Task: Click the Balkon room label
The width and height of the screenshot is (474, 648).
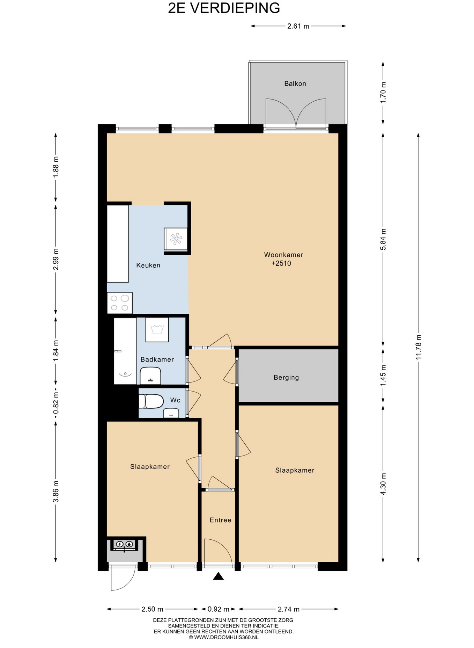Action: (295, 83)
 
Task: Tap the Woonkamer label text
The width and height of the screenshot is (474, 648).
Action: (283, 255)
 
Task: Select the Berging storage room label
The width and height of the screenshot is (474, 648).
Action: (286, 377)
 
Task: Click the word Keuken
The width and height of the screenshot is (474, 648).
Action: (148, 265)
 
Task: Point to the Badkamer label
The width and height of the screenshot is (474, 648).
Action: (157, 359)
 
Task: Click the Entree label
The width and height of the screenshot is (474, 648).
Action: (220, 520)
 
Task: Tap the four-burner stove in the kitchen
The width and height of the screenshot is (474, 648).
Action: (120, 303)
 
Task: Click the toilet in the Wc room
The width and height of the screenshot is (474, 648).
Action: (151, 401)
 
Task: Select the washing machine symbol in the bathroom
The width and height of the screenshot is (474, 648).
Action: (157, 329)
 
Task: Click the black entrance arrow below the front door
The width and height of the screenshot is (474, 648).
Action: (218, 576)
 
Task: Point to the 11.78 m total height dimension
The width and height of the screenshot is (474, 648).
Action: (419, 347)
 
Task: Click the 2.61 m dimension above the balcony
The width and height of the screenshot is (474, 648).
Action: (298, 26)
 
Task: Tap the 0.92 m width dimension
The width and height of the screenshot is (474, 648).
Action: (218, 609)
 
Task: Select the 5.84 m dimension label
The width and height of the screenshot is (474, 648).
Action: (383, 239)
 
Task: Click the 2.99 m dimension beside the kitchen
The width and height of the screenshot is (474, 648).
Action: (55, 259)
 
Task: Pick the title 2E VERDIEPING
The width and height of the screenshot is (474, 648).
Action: (224, 8)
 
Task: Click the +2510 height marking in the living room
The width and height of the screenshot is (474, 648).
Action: (281, 263)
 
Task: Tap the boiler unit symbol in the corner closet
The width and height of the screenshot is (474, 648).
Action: (124, 544)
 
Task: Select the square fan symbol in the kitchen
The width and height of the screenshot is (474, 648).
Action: (176, 239)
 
